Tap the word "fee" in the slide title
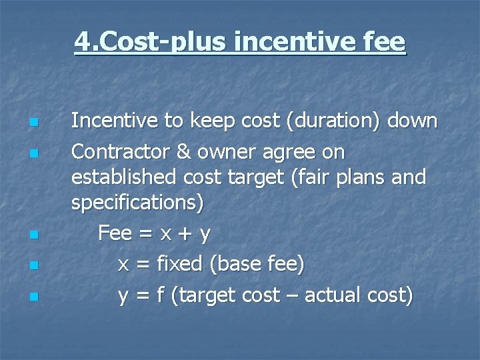click(x=385, y=42)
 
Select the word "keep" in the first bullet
click(x=211, y=121)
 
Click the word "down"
click(x=411, y=121)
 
